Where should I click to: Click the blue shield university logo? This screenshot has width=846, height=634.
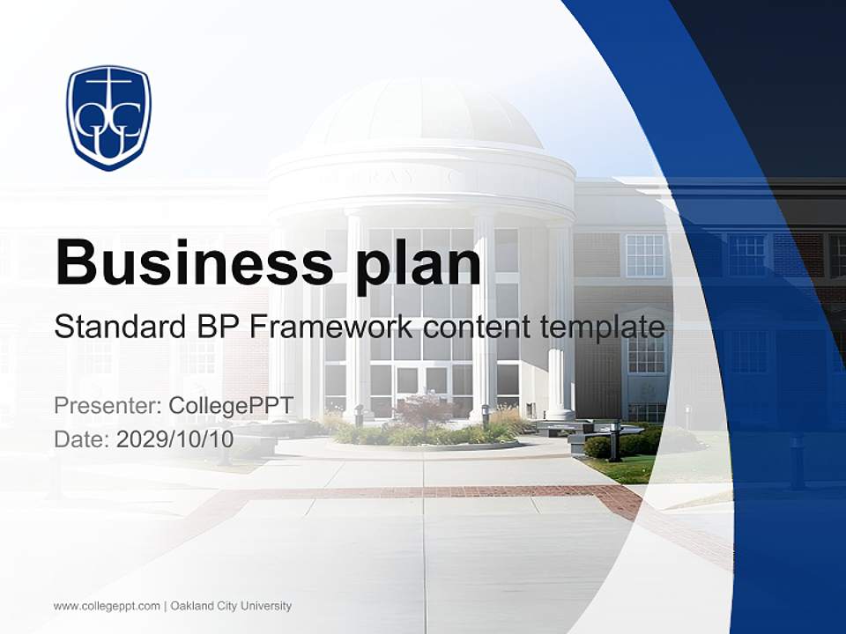point(109,116)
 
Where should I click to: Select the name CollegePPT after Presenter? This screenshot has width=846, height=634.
point(231,406)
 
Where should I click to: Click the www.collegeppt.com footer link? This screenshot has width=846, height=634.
point(107,606)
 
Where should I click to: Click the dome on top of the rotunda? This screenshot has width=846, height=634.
point(423,114)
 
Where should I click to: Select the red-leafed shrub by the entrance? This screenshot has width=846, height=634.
point(424,409)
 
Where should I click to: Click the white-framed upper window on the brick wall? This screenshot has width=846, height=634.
point(645,255)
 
